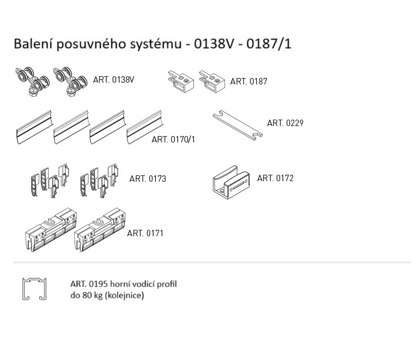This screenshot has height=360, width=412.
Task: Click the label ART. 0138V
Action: coord(114,80)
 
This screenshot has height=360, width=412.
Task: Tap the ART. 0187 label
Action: coord(248,81)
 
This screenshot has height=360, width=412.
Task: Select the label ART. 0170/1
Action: coord(173,140)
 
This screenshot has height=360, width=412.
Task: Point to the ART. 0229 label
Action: coord(285,123)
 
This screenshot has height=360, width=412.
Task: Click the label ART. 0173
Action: coord(148,179)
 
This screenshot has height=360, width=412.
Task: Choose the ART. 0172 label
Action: coord(275,178)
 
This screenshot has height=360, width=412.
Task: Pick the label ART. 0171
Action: coord(145,233)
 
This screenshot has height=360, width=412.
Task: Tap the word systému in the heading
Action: coord(157,44)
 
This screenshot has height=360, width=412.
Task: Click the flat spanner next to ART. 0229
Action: coord(237,124)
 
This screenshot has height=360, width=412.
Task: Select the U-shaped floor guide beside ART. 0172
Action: coord(230,179)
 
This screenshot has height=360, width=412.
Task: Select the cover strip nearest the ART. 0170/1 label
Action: coord(147,125)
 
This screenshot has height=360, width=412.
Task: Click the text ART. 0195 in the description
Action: coord(87,284)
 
